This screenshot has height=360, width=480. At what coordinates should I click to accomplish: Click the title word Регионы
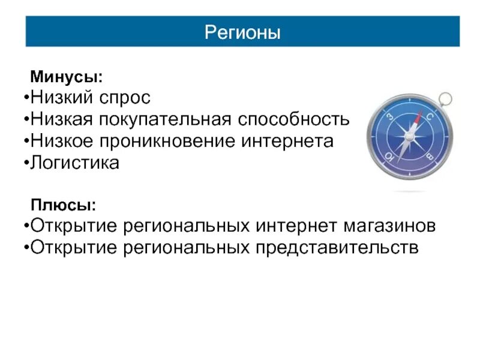coord(242,32)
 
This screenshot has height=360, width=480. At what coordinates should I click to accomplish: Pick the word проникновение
coord(163,141)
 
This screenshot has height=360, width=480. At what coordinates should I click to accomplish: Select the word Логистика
coord(75,163)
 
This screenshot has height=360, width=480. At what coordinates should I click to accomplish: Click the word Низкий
coord(59,98)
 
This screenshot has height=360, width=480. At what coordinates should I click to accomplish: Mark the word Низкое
coord(59,141)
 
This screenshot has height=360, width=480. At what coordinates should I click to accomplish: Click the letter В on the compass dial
coord(430,157)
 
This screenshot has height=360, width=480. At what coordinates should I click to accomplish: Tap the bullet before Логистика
coord(28,163)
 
